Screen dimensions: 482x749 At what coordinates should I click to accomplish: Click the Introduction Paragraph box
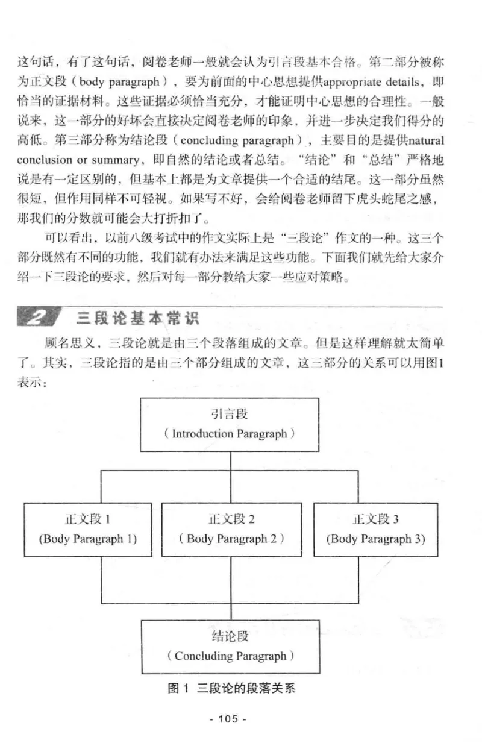coord(231,424)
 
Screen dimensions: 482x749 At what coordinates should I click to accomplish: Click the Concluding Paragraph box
coord(231,647)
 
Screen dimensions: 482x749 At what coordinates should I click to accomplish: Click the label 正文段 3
coord(376,519)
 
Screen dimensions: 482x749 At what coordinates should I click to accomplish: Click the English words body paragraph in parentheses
coord(119,81)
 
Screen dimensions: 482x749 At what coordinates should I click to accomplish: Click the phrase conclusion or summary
coord(81,160)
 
